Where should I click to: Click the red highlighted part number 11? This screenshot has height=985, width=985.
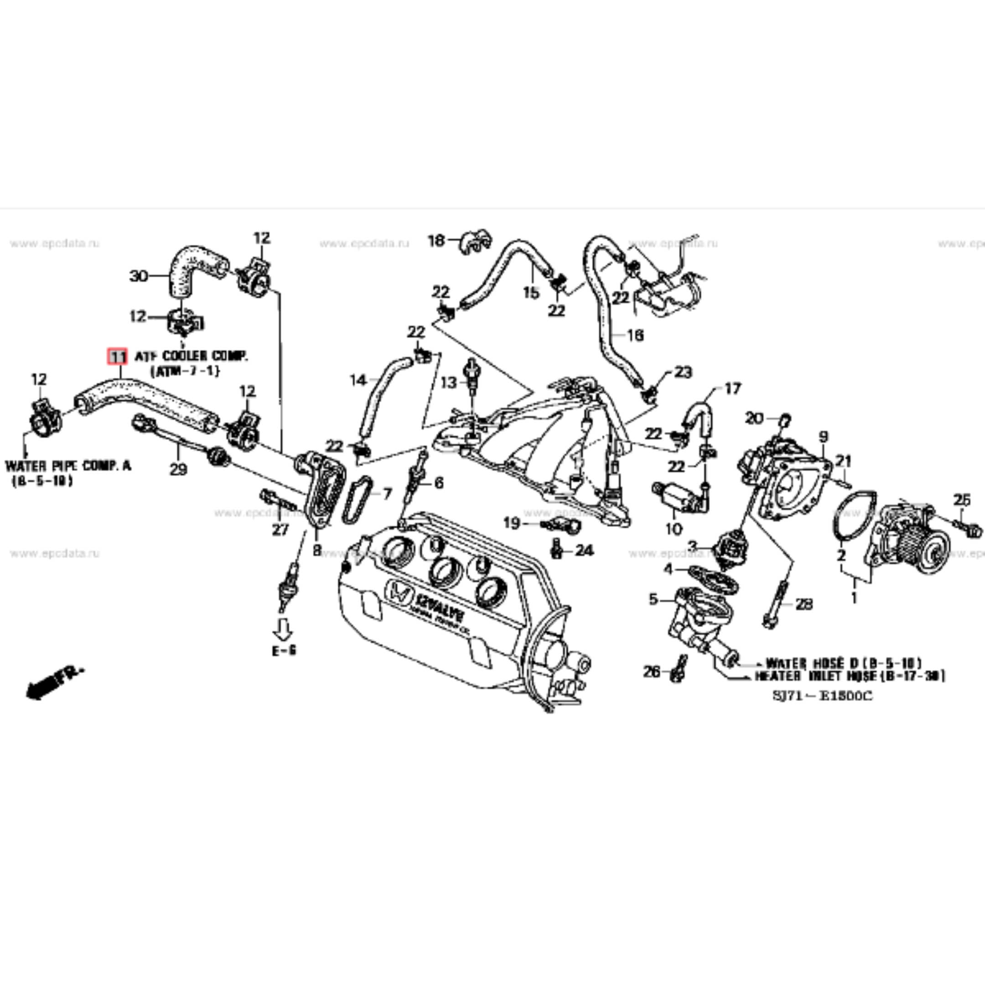coord(117,356)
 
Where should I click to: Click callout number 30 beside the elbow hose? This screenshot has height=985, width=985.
coord(138,276)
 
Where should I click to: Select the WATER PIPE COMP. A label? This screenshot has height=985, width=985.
coord(68,466)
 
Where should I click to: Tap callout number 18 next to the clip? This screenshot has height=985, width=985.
coord(436,240)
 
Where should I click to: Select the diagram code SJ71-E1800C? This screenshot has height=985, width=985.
coord(822,695)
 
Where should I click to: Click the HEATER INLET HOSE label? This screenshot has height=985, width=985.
coord(849,676)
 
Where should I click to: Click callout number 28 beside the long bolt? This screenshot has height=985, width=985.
coord(804,604)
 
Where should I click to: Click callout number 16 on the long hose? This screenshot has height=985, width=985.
coord(635,335)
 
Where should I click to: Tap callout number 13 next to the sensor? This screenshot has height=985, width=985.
coord(449,383)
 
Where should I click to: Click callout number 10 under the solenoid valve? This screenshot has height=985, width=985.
coord(674,529)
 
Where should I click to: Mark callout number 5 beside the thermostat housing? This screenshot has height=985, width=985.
coord(653,600)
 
